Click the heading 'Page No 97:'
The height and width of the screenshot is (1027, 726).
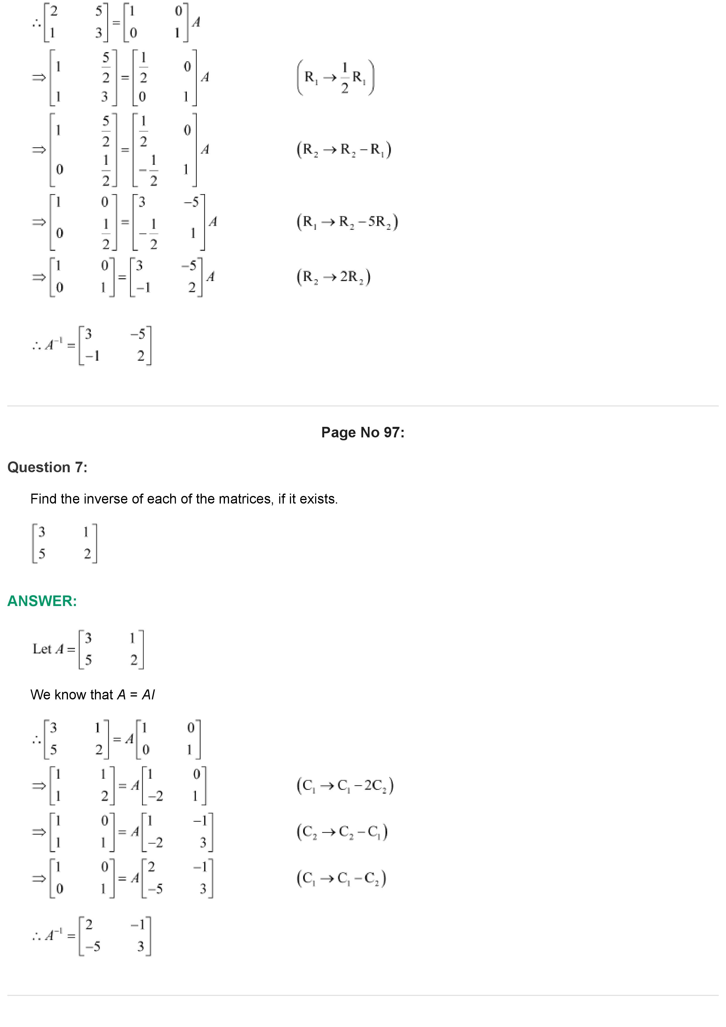pos(362,432)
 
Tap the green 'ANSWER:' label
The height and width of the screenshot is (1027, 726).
pos(42,601)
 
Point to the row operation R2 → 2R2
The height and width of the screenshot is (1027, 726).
pos(333,277)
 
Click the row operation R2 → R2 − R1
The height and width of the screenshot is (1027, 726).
pos(344,149)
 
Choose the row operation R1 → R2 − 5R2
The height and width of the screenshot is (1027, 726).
pos(347,222)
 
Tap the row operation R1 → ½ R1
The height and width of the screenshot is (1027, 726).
pos(336,77)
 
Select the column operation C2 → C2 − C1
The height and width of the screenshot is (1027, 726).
pos(342,832)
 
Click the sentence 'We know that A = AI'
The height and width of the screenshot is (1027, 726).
pos(93,695)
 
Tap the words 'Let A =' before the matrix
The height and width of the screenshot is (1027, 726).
pos(54,649)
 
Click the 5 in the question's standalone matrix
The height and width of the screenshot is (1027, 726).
pos(42,554)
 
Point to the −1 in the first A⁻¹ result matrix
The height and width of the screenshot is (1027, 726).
pos(93,356)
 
